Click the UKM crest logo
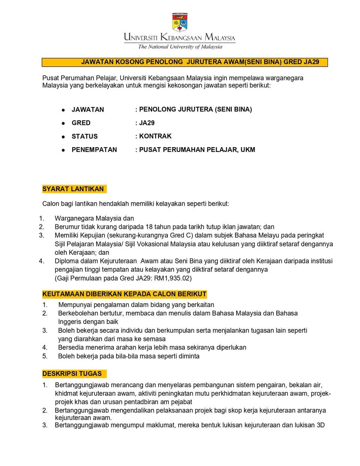(180, 23)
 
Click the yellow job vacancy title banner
(184, 62)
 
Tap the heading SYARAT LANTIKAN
(73, 189)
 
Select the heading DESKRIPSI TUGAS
(72, 374)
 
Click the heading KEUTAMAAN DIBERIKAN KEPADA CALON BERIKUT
(124, 294)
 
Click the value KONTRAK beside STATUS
(155, 136)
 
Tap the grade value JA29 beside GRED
(147, 123)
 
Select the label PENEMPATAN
(94, 150)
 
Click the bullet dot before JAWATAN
(63, 110)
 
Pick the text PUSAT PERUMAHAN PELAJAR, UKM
(197, 150)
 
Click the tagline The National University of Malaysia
(180, 47)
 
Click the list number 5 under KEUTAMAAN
(45, 356)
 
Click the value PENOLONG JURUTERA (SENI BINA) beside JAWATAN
(195, 110)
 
